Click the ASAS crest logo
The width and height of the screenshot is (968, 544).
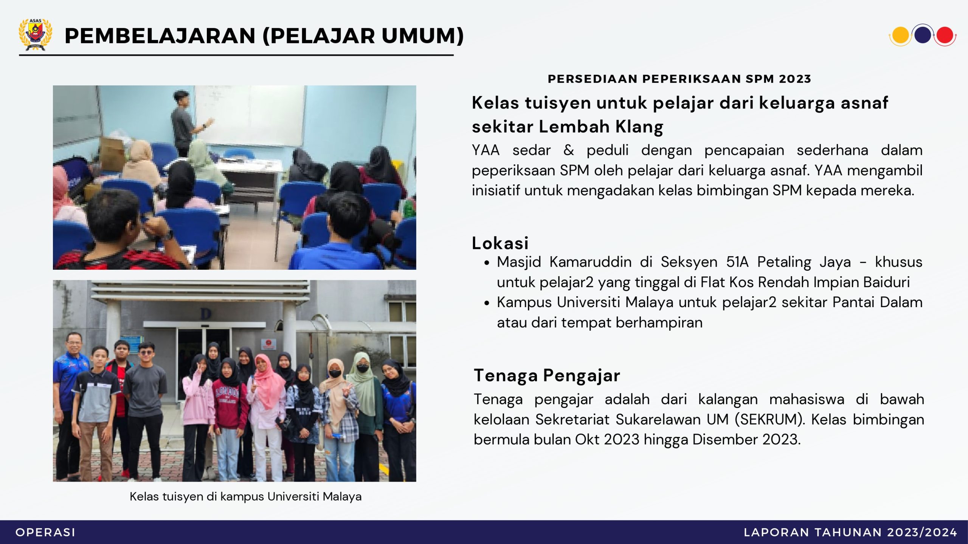(x=36, y=34)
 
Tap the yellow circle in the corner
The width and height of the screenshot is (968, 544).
(x=900, y=36)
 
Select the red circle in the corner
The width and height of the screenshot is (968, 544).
(x=945, y=36)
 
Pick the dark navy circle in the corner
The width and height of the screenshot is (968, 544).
(x=923, y=35)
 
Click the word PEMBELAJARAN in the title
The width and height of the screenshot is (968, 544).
(x=160, y=36)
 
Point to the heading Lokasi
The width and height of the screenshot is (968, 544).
(x=500, y=243)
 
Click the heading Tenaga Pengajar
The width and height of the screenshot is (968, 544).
(x=547, y=376)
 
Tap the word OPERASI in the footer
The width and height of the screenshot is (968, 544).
(x=45, y=532)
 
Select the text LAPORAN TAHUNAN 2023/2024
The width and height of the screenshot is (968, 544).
(x=850, y=532)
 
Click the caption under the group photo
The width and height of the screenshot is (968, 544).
(x=245, y=496)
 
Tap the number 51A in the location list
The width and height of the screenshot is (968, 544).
(x=737, y=262)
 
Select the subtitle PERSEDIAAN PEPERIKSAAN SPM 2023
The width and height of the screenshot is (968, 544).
(x=679, y=79)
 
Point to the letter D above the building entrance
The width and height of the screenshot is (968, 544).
(x=205, y=314)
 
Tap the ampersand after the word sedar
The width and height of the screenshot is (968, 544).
(x=569, y=150)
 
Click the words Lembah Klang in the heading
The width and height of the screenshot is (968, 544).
(x=601, y=127)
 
